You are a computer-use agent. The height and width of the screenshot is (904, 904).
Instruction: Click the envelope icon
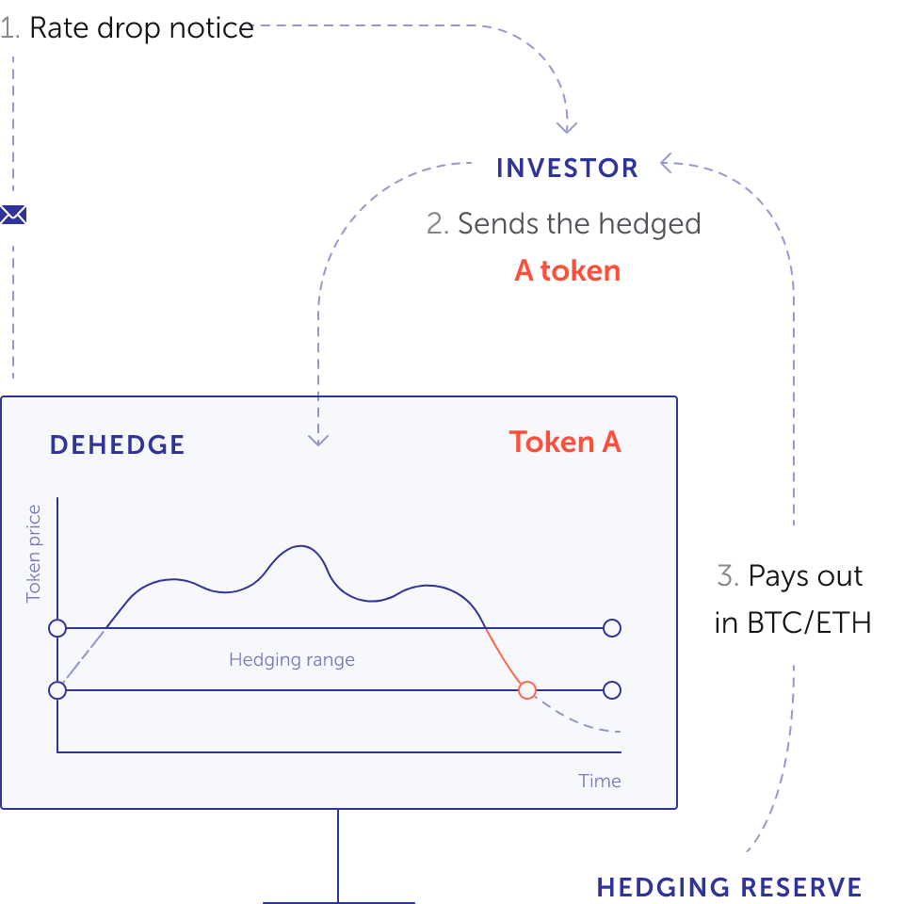(12, 215)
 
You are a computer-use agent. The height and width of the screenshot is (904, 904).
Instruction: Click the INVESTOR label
(567, 169)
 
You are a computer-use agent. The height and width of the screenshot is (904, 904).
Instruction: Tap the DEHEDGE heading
(117, 445)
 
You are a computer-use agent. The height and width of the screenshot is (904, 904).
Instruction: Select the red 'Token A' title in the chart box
(565, 443)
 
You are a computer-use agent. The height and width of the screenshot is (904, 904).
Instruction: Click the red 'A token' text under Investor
(567, 270)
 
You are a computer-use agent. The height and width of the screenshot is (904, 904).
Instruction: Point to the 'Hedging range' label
(292, 659)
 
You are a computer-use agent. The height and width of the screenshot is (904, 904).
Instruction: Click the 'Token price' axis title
(34, 554)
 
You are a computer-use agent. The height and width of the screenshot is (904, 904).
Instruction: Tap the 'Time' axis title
(600, 781)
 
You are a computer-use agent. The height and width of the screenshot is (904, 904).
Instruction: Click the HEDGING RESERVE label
(729, 887)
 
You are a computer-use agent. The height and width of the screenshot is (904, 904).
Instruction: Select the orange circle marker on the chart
(527, 690)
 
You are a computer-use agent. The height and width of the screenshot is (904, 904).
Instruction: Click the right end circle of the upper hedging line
(612, 628)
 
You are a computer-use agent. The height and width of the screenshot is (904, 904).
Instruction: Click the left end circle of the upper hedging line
(57, 628)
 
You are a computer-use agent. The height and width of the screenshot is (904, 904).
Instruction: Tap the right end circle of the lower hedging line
(612, 690)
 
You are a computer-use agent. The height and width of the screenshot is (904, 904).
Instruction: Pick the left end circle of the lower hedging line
(57, 690)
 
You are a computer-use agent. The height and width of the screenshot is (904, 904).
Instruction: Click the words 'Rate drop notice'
(142, 28)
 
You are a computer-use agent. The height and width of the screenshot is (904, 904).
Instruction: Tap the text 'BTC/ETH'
(809, 622)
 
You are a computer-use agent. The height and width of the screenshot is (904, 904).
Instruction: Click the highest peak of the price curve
(300, 545)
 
